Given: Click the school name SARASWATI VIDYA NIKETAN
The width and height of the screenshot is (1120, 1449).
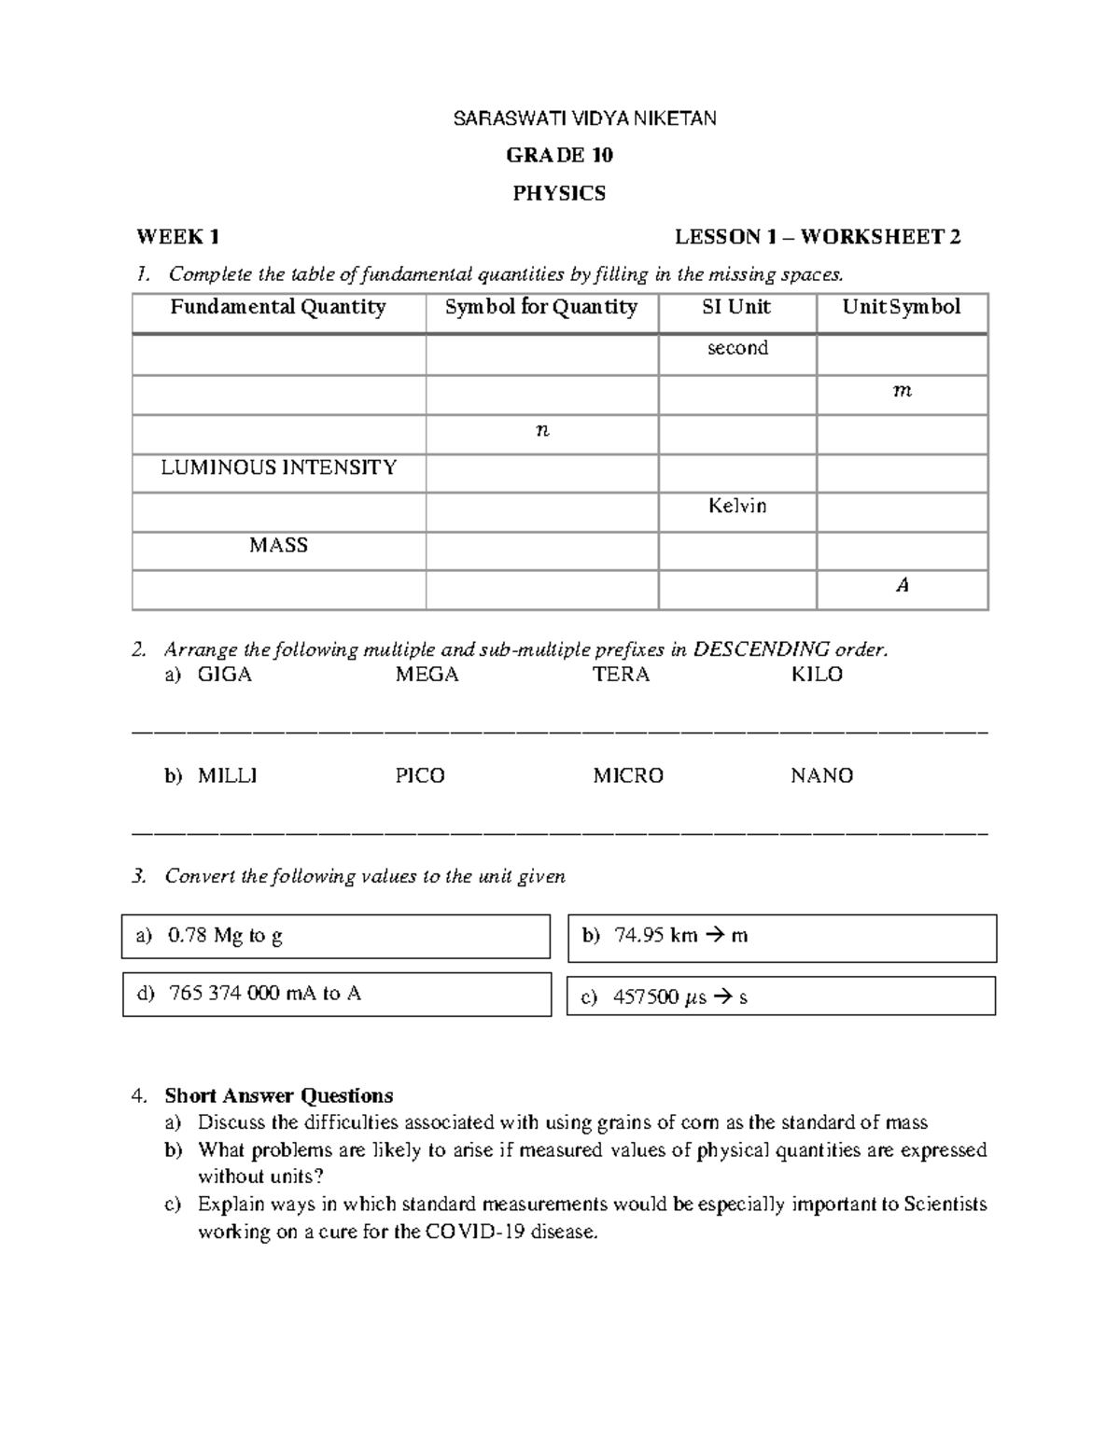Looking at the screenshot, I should [584, 118].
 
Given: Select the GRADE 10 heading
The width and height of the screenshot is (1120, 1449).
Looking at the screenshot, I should [559, 155].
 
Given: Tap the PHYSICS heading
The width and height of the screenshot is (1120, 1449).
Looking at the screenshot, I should [559, 193].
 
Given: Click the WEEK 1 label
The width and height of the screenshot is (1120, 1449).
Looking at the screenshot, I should [178, 237].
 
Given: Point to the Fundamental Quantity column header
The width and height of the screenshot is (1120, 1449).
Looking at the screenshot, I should [278, 307].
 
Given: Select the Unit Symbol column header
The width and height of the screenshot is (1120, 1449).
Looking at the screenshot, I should [901, 307].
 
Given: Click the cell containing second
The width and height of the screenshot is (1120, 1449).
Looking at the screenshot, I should [737, 348].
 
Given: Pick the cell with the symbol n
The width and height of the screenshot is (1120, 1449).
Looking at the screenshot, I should [542, 430].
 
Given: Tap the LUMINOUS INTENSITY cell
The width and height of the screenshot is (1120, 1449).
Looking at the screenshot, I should [278, 467].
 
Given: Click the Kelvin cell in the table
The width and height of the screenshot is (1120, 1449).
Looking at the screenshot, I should [737, 506].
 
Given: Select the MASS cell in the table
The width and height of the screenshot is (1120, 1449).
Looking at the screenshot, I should [278, 545].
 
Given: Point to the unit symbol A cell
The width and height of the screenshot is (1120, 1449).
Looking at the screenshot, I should [902, 585].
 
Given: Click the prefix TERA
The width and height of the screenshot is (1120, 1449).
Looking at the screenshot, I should [621, 675].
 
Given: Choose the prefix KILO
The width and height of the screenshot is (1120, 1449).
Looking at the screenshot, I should [817, 675].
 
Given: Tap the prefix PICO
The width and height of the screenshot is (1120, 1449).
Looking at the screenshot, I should [420, 775].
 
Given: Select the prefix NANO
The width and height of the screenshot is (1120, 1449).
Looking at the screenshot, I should [821, 775].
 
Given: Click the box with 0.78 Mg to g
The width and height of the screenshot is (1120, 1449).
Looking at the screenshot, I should [336, 936].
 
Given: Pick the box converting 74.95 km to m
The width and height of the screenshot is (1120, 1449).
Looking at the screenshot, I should [781, 937].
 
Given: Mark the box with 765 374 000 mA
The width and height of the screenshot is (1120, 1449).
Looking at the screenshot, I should [336, 994].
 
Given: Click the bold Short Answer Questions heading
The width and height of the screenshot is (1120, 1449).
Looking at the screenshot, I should [278, 1095].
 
